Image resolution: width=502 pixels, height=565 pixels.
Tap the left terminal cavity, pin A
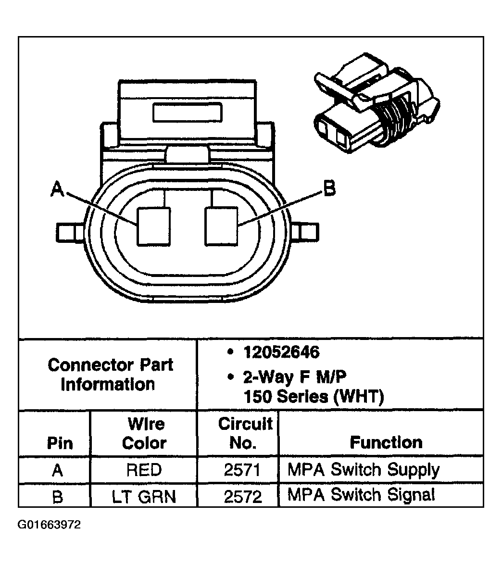click(153, 226)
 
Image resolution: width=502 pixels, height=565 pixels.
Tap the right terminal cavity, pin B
click(221, 226)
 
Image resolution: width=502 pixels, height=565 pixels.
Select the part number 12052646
click(281, 352)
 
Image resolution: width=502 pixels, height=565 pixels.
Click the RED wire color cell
click(144, 470)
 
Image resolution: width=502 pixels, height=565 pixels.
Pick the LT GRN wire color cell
click(144, 496)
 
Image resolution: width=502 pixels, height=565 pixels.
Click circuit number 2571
click(243, 470)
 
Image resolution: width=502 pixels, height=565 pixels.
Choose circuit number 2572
click(243, 496)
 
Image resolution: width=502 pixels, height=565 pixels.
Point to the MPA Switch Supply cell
click(364, 470)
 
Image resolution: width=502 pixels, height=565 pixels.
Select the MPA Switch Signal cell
click(361, 495)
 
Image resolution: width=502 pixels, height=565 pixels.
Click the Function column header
click(386, 442)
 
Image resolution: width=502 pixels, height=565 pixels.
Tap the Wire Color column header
click(144, 433)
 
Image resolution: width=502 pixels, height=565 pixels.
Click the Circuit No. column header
click(245, 433)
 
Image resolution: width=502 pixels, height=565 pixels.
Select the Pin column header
click(60, 443)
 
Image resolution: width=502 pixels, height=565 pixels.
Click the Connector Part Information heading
click(110, 374)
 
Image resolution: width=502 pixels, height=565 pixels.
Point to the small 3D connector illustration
click(375, 106)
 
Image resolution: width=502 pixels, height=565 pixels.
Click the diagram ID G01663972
click(50, 525)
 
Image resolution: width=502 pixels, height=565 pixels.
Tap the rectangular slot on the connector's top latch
click(188, 113)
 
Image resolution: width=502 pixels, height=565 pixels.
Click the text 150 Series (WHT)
click(314, 397)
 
